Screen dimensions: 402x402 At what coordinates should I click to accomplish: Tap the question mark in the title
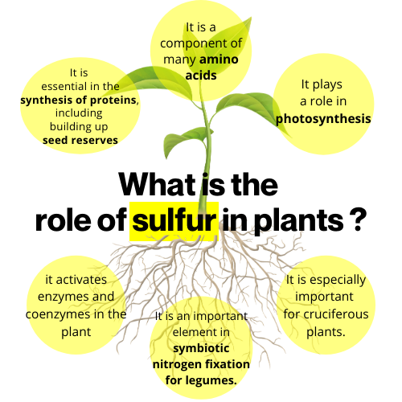coord(359,220)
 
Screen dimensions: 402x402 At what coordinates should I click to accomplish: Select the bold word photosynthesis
coord(323,119)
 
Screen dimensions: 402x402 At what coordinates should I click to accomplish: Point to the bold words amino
coord(219,59)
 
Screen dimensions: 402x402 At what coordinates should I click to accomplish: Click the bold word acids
coord(201,76)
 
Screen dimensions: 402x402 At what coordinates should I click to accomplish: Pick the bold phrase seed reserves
coord(80,140)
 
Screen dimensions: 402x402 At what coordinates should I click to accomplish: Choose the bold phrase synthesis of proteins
coord(79,100)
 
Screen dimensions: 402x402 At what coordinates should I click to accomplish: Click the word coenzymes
coord(58,314)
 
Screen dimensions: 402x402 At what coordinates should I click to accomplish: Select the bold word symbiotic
coord(201,348)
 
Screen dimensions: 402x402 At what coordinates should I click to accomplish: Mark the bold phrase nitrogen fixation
coord(201,364)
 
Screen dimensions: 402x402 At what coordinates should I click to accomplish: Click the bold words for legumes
coord(201,380)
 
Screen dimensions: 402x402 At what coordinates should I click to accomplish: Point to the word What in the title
coord(158,185)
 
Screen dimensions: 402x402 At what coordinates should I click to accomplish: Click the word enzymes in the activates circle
coord(59,297)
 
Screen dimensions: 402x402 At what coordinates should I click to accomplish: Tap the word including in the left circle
coord(79,113)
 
